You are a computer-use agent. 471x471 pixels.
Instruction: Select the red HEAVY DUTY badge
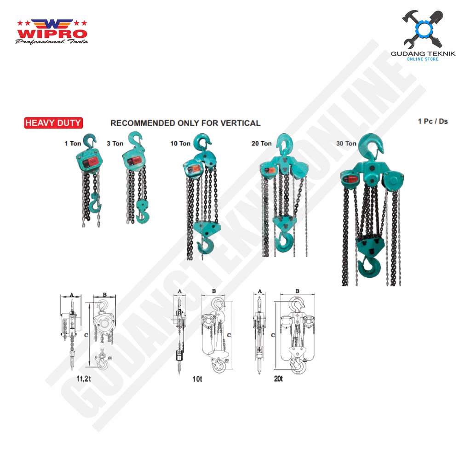(x=53, y=123)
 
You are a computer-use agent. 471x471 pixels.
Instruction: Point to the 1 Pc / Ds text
(x=432, y=121)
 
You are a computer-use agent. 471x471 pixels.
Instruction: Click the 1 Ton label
(x=73, y=144)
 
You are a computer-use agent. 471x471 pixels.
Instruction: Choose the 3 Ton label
(x=115, y=144)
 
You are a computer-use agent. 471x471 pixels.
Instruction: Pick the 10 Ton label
(x=180, y=144)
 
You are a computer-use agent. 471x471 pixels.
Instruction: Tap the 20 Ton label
(x=261, y=144)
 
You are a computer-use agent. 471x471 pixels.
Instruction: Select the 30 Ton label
(x=346, y=144)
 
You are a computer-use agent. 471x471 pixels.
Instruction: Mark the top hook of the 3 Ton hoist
(x=136, y=139)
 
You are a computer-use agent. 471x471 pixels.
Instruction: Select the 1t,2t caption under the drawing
(x=86, y=379)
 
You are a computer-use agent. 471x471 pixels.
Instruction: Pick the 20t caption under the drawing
(x=278, y=379)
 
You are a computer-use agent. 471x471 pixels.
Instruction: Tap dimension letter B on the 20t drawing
(x=297, y=291)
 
